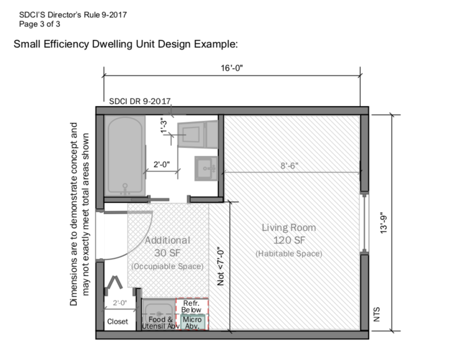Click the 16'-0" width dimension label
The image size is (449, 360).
point(231,68)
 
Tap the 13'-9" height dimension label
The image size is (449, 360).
point(383,223)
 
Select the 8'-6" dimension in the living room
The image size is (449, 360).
point(289,165)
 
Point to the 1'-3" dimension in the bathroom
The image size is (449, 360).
point(164,125)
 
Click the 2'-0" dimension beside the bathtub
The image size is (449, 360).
point(162,164)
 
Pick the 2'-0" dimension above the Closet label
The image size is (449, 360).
point(120,303)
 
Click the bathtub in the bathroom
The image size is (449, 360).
point(125,156)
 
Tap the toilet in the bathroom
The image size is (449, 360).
point(198,134)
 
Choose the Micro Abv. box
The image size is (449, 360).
point(192,322)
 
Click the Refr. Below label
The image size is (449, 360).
point(191,307)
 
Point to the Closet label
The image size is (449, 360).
point(117,322)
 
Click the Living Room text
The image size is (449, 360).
point(288,228)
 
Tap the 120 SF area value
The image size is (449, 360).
point(289,240)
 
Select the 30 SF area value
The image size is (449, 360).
point(167,253)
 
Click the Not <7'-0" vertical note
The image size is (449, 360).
point(221,266)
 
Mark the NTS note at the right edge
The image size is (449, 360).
point(377,314)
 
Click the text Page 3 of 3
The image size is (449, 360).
point(40,24)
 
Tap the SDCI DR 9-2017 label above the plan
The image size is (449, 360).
point(140,101)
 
